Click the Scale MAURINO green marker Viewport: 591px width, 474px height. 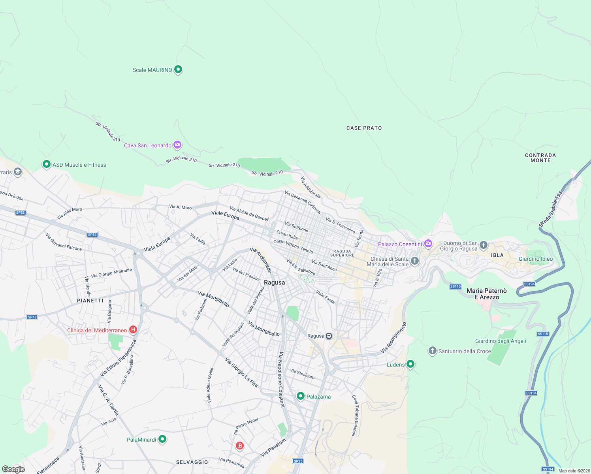coord(178,70)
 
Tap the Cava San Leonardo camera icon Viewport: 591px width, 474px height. coord(177,145)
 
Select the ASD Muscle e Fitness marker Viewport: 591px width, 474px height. coord(47,164)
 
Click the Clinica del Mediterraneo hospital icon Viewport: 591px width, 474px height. coord(133,329)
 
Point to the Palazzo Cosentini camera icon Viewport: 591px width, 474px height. coord(428,244)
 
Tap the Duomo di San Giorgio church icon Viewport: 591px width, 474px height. coord(483,246)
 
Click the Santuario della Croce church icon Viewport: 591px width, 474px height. coord(433,350)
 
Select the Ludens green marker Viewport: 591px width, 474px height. coord(410,364)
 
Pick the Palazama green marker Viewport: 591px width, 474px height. coord(301,396)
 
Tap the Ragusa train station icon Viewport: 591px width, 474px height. coord(329,336)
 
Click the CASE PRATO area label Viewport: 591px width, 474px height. coord(364,128)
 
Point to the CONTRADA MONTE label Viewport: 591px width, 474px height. coord(540,158)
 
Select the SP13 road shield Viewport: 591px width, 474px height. coord(32,317)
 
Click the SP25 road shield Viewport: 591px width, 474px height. coord(298,461)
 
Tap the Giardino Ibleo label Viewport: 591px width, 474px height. coord(535,259)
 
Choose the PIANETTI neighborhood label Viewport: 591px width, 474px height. coord(90,301)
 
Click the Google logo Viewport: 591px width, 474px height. coord(13,469)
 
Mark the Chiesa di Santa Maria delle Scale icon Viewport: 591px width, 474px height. coord(414,261)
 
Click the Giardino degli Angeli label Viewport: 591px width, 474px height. coord(501,341)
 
